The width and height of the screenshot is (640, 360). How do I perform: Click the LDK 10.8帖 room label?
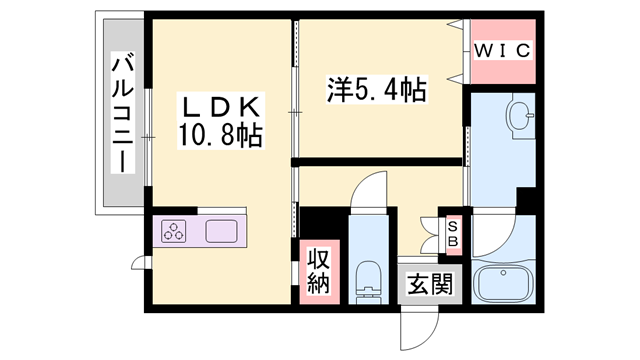[220, 121]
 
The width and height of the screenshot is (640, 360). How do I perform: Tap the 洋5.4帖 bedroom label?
[376, 89]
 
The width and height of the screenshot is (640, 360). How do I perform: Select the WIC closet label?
[503, 51]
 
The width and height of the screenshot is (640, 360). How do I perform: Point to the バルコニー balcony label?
[123, 112]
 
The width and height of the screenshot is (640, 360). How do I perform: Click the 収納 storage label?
[320, 271]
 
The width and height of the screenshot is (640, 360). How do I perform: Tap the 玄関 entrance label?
[430, 283]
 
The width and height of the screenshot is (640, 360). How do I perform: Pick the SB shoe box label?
[453, 233]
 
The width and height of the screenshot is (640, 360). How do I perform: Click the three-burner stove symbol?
[173, 231]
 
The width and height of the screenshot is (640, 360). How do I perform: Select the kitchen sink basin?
[221, 231]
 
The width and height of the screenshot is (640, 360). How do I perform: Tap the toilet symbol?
[369, 282]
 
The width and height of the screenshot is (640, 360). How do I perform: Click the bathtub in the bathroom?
[504, 284]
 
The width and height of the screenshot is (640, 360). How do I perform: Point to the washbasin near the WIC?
[520, 116]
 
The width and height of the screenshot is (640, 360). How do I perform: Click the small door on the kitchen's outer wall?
[139, 263]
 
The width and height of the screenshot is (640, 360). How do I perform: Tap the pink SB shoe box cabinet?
[453, 233]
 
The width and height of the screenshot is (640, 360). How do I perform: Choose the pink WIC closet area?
[503, 51]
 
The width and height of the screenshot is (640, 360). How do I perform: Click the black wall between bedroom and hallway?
[376, 162]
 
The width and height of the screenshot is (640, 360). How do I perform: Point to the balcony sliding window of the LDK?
[148, 137]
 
